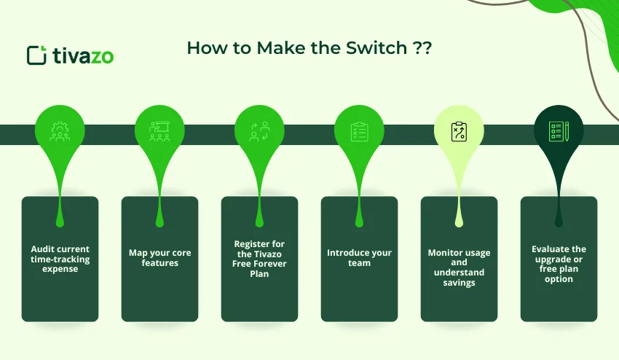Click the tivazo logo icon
pos(36,55)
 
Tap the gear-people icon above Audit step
pos(60,131)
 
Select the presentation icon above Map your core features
pos(159,131)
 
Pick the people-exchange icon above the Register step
pos(259,131)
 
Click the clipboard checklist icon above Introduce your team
pos(359,131)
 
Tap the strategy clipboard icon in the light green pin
pos(459,131)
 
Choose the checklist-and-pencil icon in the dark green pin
pos(559,131)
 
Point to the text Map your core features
pos(159,258)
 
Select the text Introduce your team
pos(359,258)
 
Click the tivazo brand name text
pos(82,56)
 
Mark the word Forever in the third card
pos(269,264)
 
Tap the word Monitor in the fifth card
pos(445,253)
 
